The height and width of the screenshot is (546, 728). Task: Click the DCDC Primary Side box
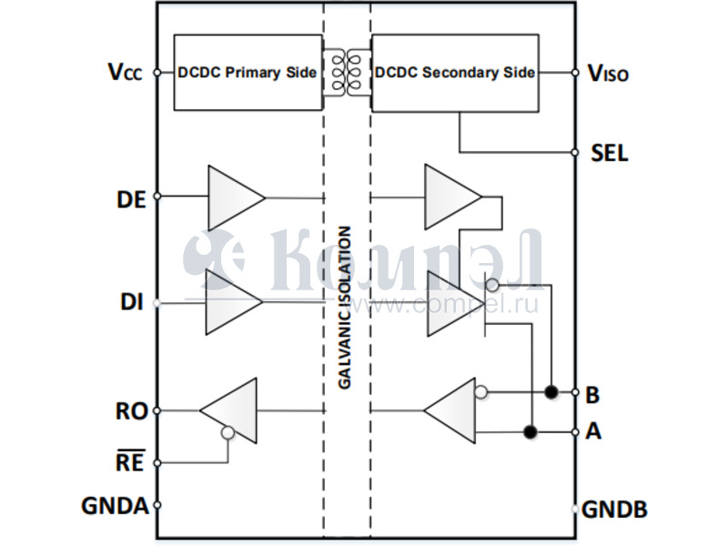(x=247, y=73)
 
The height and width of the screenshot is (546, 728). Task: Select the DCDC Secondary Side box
(x=454, y=73)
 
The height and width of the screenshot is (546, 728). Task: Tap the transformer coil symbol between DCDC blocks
(x=347, y=73)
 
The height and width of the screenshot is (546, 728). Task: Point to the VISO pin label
(x=608, y=74)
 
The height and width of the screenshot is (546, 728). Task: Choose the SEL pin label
(x=609, y=153)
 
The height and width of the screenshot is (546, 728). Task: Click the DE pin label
(x=132, y=199)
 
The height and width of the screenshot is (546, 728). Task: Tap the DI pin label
(x=132, y=302)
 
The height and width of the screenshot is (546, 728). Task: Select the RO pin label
(x=131, y=411)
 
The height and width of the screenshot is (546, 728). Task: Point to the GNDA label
(x=115, y=505)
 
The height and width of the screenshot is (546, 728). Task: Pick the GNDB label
(x=615, y=510)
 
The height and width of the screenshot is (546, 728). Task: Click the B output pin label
(x=592, y=395)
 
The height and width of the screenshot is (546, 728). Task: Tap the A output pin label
(x=593, y=431)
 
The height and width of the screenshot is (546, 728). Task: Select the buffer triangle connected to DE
(x=231, y=197)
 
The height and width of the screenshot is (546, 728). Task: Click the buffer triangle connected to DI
(x=230, y=301)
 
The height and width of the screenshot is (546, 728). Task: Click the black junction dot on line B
(x=551, y=392)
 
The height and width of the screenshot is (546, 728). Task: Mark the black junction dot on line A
(x=530, y=430)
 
